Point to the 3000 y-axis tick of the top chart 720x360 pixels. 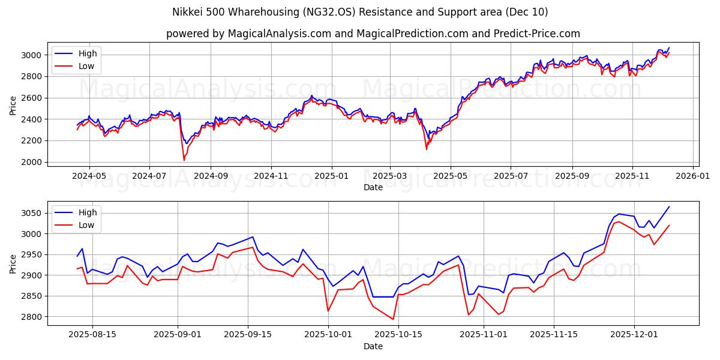point(32,55)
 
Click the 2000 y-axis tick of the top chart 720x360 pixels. point(32,162)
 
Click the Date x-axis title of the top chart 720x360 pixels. point(373,187)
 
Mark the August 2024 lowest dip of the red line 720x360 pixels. point(184,160)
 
